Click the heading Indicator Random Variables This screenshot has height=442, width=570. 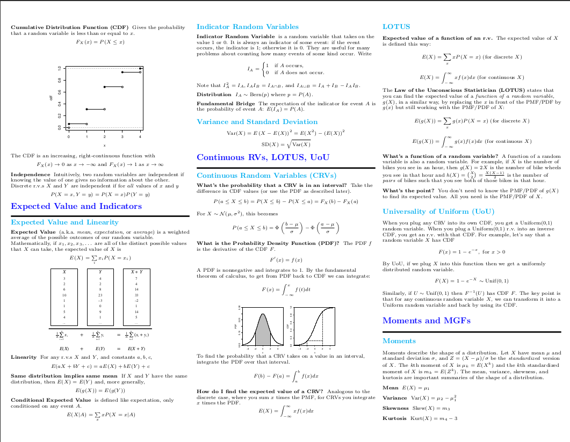248,26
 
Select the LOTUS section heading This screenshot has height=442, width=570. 396,26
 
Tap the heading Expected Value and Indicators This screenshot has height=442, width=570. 76,206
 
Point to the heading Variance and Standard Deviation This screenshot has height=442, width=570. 257,122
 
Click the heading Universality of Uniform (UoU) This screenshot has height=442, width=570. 438,212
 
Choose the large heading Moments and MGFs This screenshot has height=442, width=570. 427,321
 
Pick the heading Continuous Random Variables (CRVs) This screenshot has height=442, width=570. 266,176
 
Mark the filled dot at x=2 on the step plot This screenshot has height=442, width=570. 105,87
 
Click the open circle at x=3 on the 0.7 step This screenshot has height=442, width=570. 122,87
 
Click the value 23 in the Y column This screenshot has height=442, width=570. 100,295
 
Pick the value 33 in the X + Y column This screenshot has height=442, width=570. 136,295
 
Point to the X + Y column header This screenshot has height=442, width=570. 136,272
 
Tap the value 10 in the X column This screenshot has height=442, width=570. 64,295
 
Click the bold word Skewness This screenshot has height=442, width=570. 395,408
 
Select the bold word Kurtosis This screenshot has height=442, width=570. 394,418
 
